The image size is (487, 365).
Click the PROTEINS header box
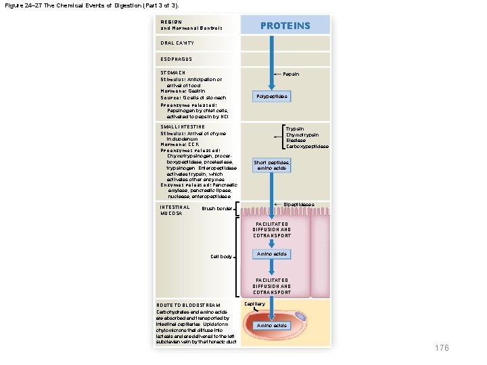286,25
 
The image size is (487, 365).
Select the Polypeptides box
272,97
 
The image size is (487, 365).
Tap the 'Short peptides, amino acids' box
271,166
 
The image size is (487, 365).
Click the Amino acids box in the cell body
271,254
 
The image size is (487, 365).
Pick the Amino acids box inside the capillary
271,326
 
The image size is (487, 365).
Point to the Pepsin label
292,74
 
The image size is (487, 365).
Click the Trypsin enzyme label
294,128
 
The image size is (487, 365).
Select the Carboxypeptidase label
307,147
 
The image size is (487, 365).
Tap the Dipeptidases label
298,204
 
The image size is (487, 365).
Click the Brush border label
216,209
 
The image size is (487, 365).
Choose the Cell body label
221,257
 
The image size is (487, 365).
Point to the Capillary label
263,305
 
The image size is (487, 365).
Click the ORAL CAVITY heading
177,43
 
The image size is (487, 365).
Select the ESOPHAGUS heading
176,59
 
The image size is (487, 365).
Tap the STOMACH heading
172,72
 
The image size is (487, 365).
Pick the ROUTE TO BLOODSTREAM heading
187,306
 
